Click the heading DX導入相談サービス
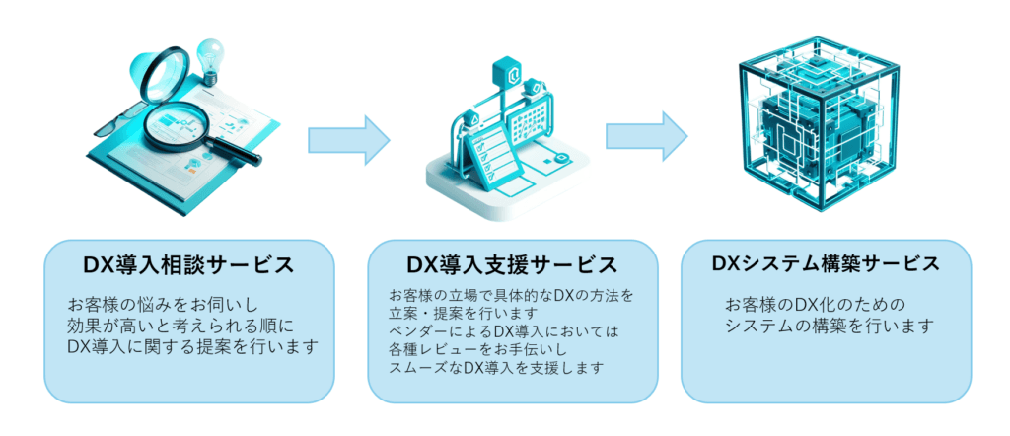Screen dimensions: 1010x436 188,265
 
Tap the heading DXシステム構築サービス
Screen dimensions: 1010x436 826,263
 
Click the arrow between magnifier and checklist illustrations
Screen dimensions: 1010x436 349,140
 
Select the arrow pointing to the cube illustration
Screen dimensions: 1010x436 647,136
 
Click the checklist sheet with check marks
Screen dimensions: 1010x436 492,157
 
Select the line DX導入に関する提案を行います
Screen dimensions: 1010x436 192,347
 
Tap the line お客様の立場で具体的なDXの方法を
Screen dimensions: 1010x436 512,296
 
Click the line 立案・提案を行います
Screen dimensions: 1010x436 463,314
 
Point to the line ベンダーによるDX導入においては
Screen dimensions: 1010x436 504,332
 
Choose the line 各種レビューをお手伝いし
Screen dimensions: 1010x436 477,350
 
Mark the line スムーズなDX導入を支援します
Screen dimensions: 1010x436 497,368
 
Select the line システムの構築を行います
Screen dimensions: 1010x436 830,326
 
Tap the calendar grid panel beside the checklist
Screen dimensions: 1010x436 532,125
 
